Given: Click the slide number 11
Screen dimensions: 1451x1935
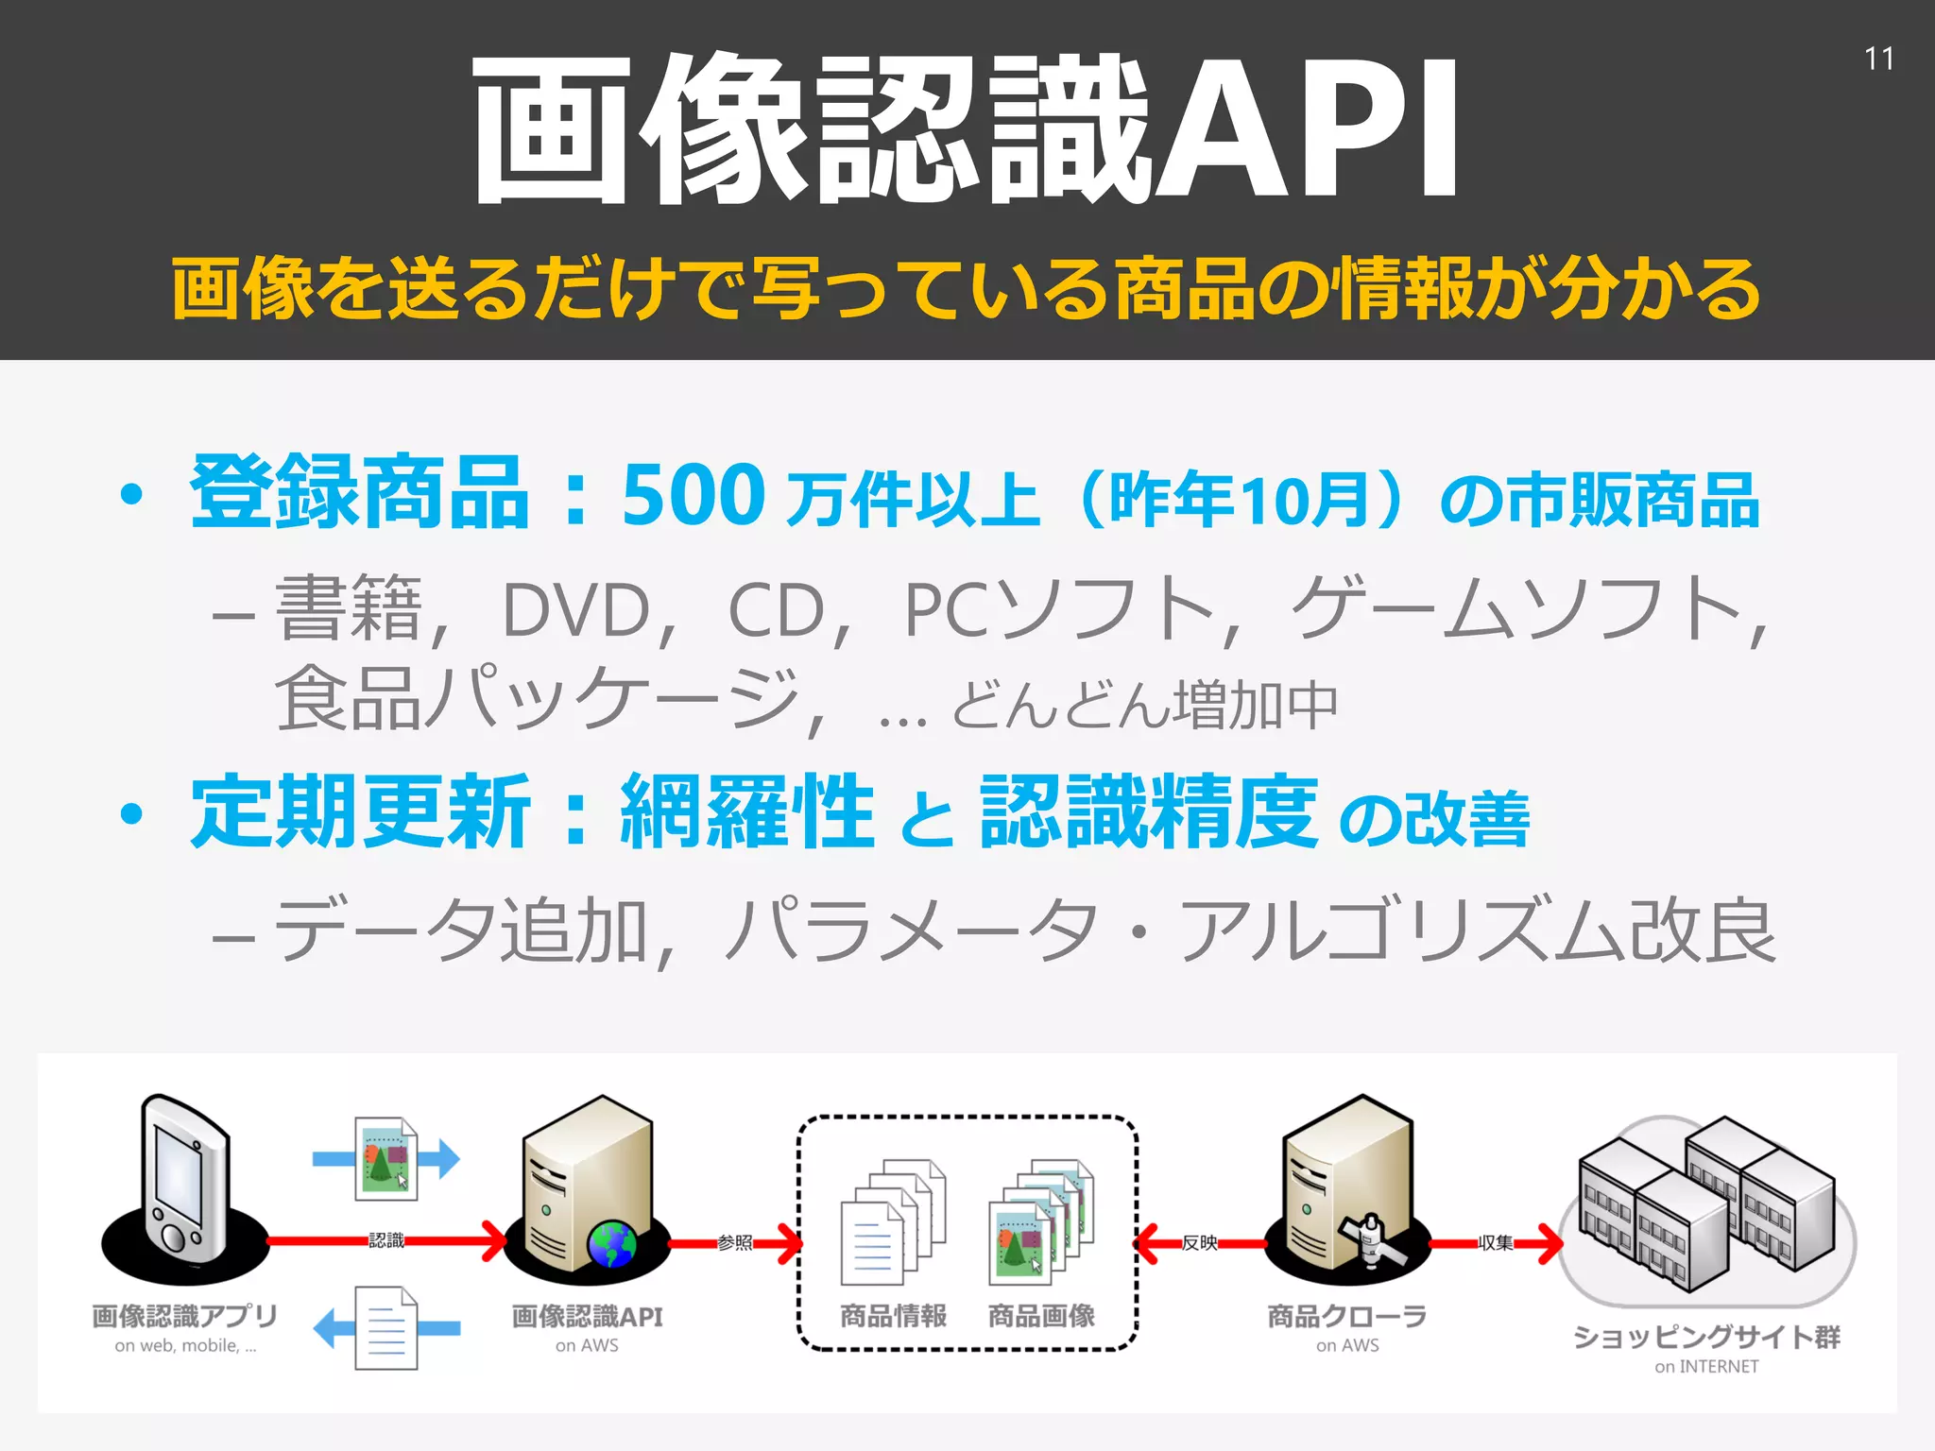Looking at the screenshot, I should click(x=1878, y=60).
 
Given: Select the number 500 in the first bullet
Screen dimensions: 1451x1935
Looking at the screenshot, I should click(x=693, y=495).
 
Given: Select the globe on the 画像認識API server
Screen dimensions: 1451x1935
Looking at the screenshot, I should click(x=612, y=1244).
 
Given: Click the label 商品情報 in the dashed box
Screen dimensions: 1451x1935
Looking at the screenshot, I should click(x=893, y=1316).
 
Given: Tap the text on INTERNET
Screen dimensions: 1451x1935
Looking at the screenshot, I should click(x=1706, y=1367).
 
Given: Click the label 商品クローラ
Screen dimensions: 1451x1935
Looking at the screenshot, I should click(x=1346, y=1316).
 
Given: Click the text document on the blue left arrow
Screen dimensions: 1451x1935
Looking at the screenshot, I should click(x=385, y=1327).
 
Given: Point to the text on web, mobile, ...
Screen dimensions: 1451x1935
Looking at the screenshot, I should click(x=185, y=1346).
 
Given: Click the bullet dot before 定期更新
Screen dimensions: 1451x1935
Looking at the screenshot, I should click(x=132, y=813).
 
